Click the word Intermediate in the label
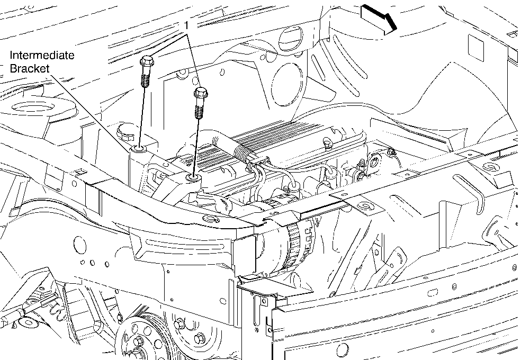(x=42, y=55)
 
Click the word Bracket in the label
(x=30, y=68)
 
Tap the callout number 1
(x=187, y=25)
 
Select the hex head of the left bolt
(x=147, y=61)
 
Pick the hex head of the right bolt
(x=201, y=93)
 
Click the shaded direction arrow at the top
(x=379, y=20)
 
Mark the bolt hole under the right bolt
(x=192, y=178)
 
